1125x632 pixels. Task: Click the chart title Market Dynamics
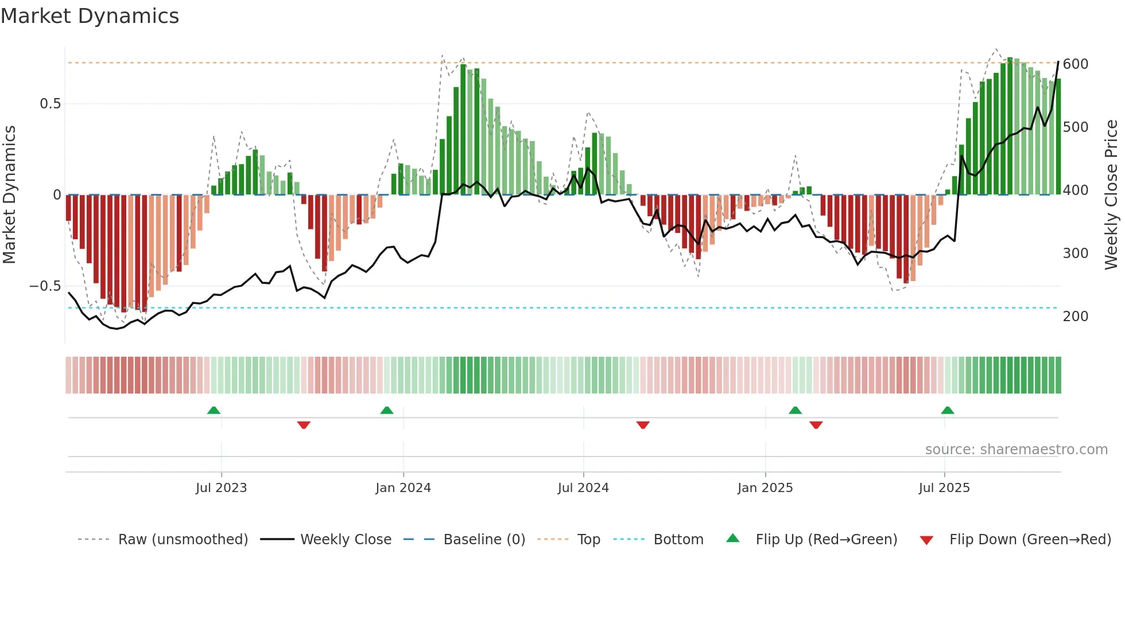pos(90,16)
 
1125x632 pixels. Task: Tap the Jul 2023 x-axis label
pos(221,488)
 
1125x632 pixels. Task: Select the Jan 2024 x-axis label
pos(403,488)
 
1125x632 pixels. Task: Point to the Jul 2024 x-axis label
pos(583,488)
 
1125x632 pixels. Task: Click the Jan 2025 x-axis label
pos(765,488)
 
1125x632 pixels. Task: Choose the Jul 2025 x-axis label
pos(944,488)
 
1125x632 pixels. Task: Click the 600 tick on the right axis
pos(1076,64)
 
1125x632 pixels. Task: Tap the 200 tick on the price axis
pos(1076,317)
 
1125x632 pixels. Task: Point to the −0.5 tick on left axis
pos(45,286)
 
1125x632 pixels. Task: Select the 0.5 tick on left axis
pos(50,104)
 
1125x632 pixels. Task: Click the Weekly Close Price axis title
pos(1112,195)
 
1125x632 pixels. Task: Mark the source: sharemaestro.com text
pos(1016,450)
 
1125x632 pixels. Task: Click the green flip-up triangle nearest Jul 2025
pos(948,411)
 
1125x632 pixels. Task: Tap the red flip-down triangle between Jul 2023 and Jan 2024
pos(304,425)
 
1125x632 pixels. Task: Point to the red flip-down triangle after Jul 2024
pos(643,425)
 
